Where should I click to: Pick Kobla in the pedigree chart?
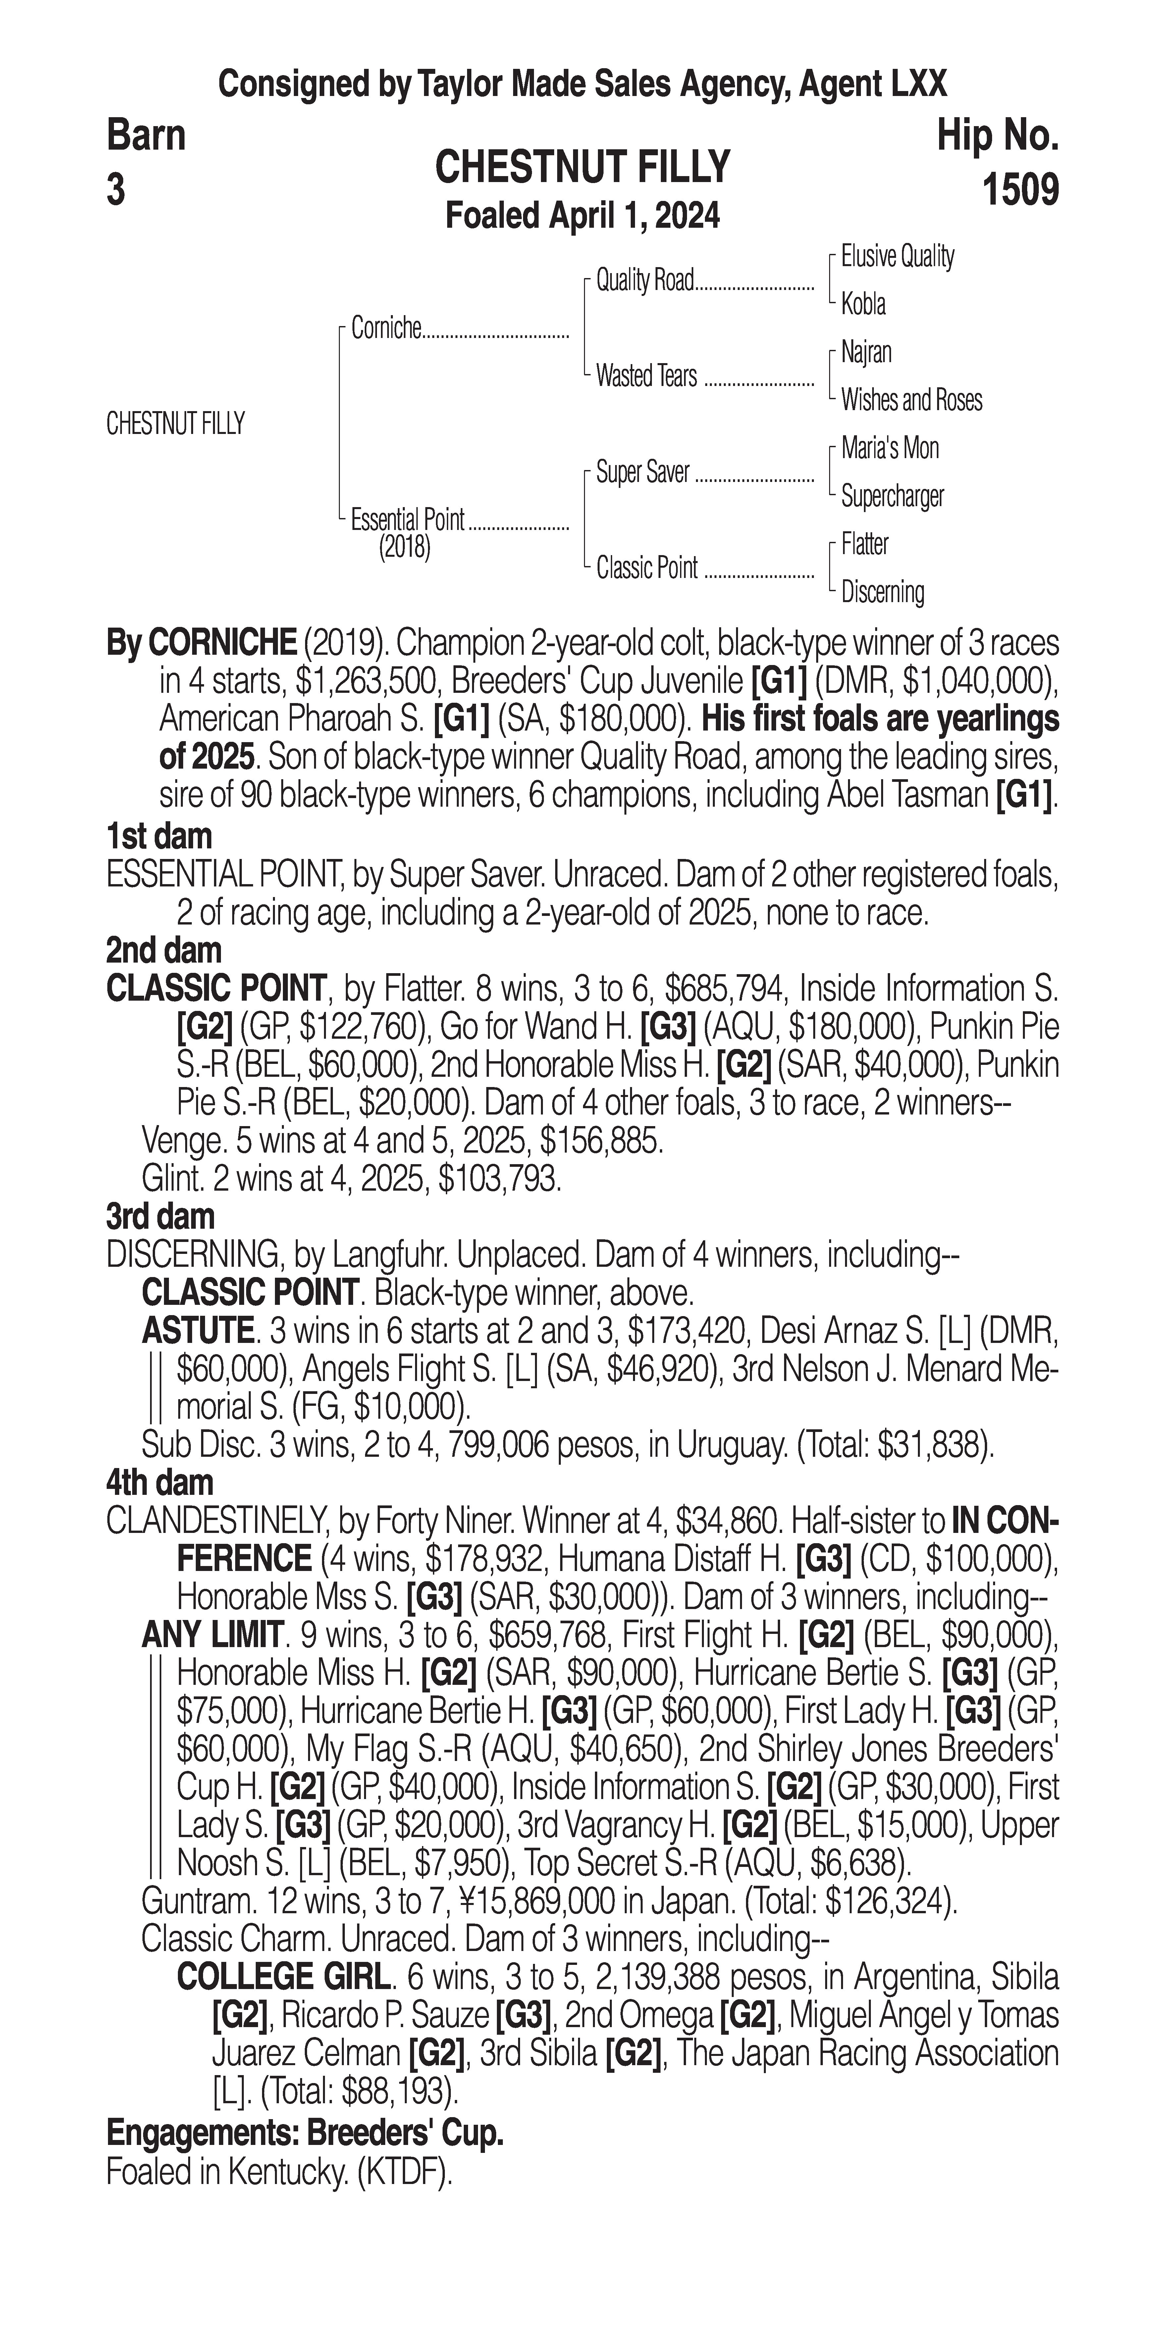(x=863, y=305)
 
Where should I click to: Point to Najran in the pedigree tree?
(x=866, y=352)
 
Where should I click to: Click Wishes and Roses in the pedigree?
(x=911, y=400)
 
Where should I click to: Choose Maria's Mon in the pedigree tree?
(x=889, y=448)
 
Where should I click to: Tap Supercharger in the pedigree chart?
(x=892, y=496)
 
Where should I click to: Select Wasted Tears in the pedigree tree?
(x=646, y=376)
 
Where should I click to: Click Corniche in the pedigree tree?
(x=386, y=329)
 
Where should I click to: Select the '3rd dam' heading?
(x=160, y=1217)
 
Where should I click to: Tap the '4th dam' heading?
(x=160, y=1482)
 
